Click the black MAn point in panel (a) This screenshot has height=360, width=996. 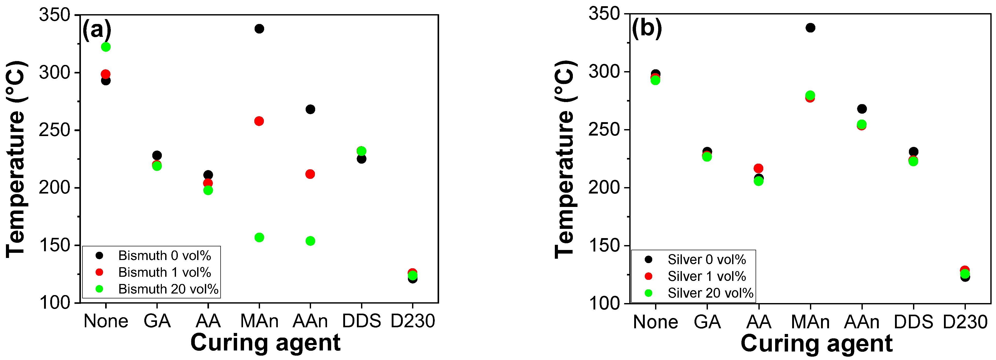point(259,29)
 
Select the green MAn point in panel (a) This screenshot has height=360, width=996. point(259,237)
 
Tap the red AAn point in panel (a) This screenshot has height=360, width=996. point(310,174)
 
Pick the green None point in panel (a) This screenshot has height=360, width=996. point(106,47)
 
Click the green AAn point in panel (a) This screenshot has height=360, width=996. point(310,241)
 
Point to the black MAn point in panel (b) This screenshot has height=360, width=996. point(810,28)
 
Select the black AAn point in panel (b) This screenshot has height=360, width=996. point(862,109)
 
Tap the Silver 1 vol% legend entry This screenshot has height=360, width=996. point(706,276)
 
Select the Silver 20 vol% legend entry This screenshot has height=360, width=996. point(710,293)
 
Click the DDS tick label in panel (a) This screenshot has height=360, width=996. point(361,321)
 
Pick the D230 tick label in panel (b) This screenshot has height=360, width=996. point(965,322)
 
